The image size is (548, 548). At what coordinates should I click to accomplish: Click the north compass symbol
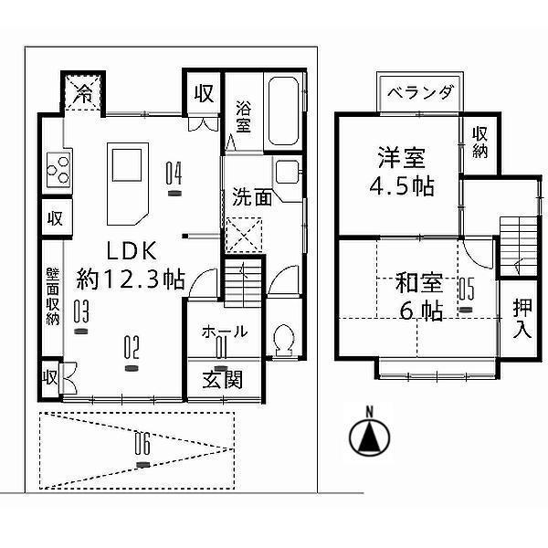click(369, 436)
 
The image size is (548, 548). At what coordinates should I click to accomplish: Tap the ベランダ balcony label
click(419, 93)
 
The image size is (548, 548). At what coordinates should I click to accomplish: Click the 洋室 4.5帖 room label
click(401, 170)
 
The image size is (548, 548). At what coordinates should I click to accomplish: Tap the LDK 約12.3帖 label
click(131, 265)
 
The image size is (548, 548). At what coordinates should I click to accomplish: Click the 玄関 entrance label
click(221, 379)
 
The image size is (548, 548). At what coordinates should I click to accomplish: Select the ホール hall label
click(222, 332)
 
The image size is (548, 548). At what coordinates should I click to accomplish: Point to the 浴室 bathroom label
click(244, 113)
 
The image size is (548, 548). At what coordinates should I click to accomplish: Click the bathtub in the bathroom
click(285, 113)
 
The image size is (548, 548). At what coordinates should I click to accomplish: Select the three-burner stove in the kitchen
click(58, 168)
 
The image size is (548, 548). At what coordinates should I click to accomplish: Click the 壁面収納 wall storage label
click(53, 298)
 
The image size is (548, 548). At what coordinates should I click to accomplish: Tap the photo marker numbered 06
click(141, 448)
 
